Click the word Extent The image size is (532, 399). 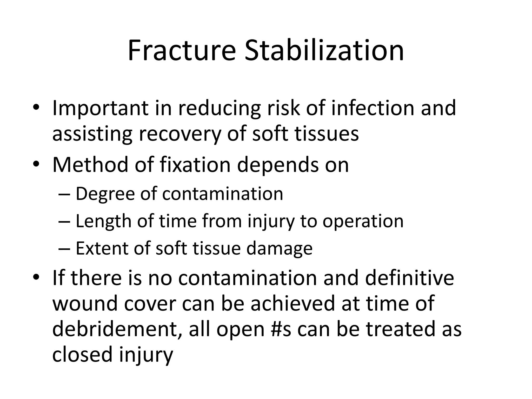(x=102, y=248)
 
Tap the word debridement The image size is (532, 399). (x=118, y=329)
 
